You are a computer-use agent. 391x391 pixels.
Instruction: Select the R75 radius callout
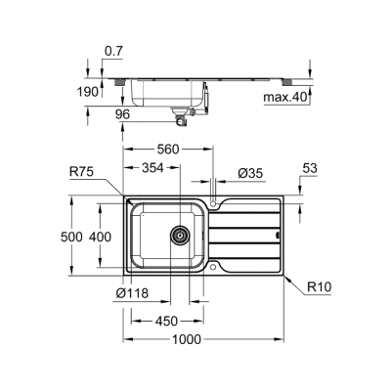[x=82, y=173]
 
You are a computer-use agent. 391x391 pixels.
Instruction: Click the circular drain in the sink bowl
[x=180, y=235]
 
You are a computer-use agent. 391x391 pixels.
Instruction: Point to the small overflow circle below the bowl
[x=214, y=266]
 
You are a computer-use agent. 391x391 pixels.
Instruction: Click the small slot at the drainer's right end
[x=279, y=235]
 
